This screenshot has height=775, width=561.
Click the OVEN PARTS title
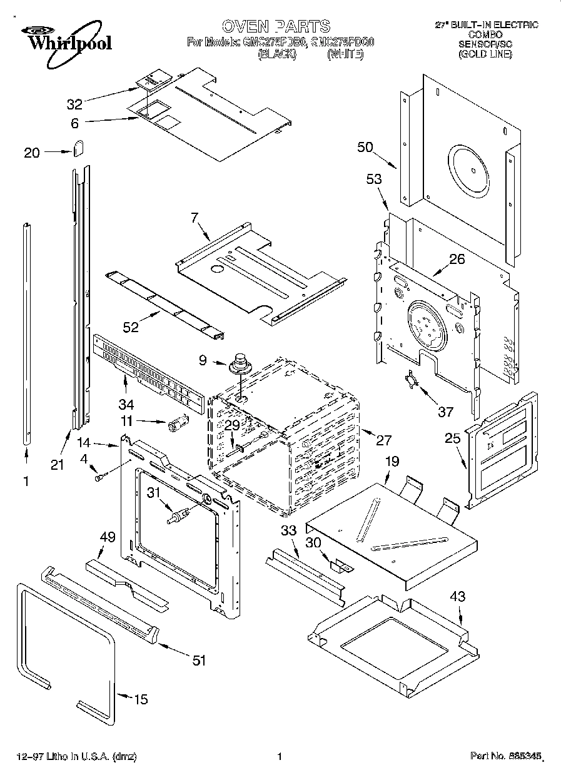pyautogui.click(x=276, y=26)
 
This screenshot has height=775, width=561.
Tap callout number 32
pyautogui.click(x=74, y=104)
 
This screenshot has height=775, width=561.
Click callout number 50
pyautogui.click(x=365, y=148)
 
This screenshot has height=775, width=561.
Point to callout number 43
pyautogui.click(x=458, y=597)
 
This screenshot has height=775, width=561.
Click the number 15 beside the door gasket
pyautogui.click(x=141, y=699)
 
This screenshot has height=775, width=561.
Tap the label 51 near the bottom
pyautogui.click(x=199, y=661)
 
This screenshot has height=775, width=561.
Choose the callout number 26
pyautogui.click(x=457, y=258)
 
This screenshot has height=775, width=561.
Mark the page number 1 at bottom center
pyautogui.click(x=280, y=756)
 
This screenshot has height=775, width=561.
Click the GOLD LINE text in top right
pyautogui.click(x=485, y=54)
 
